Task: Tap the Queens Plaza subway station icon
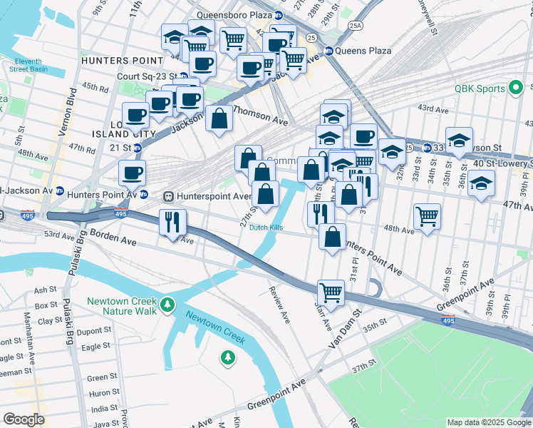click(329, 51)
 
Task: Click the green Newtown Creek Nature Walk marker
click(167, 305)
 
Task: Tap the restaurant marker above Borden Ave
click(172, 222)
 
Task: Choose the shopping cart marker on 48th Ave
click(426, 215)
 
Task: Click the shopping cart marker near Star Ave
click(331, 291)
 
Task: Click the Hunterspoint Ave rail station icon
click(169, 196)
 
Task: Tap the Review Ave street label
click(279, 305)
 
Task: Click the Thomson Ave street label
click(260, 117)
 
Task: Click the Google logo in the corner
click(24, 419)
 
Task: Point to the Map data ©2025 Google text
click(488, 422)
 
